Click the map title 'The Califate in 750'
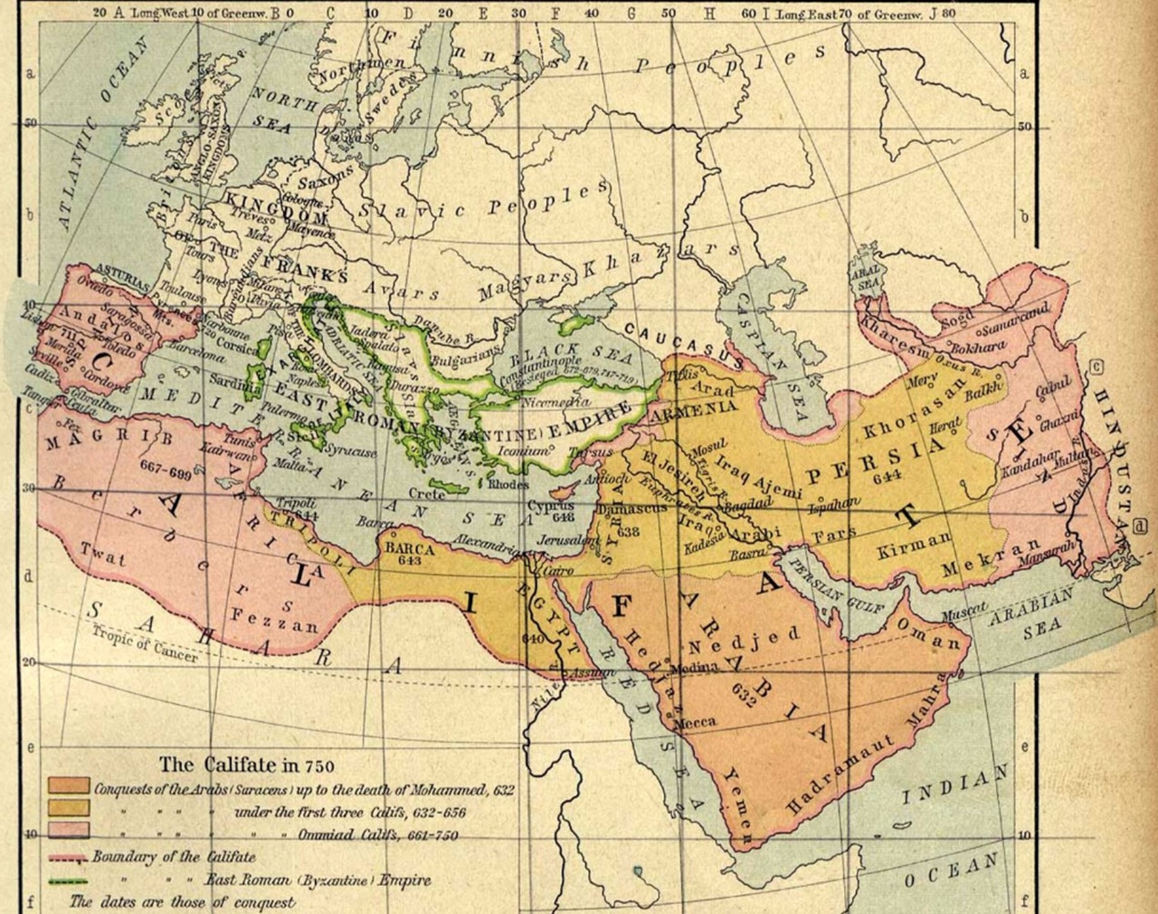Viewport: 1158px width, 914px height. [x=247, y=763]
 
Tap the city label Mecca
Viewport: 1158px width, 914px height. [x=694, y=721]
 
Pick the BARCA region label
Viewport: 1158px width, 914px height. [x=410, y=549]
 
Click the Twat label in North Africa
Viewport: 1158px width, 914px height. [x=102, y=553]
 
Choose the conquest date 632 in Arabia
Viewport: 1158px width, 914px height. [x=743, y=700]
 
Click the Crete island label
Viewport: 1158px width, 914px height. [x=426, y=494]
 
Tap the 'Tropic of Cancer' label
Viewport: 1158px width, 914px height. [x=144, y=643]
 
